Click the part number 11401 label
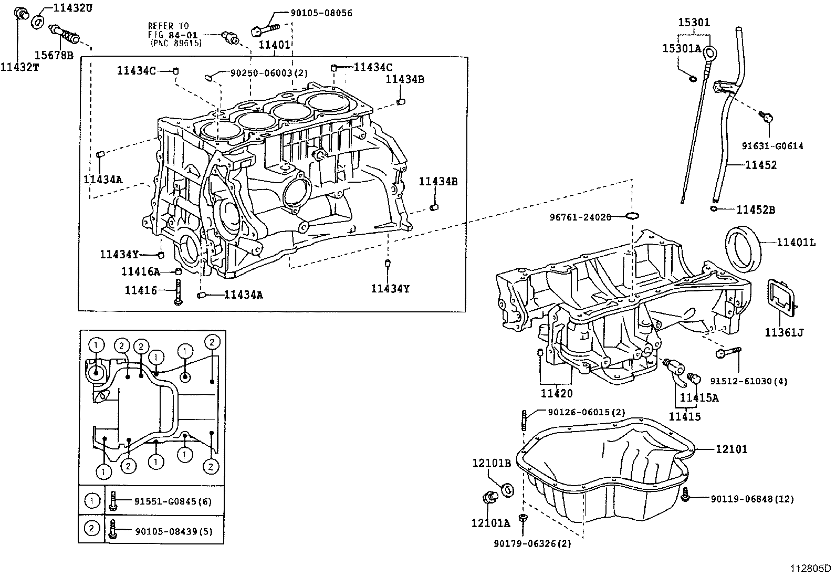(275, 45)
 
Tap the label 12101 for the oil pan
(731, 449)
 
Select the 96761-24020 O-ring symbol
(633, 216)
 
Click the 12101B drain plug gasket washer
(508, 490)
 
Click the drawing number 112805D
(811, 569)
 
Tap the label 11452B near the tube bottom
(755, 210)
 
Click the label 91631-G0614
(772, 146)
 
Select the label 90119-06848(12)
(752, 499)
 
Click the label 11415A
(699, 398)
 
